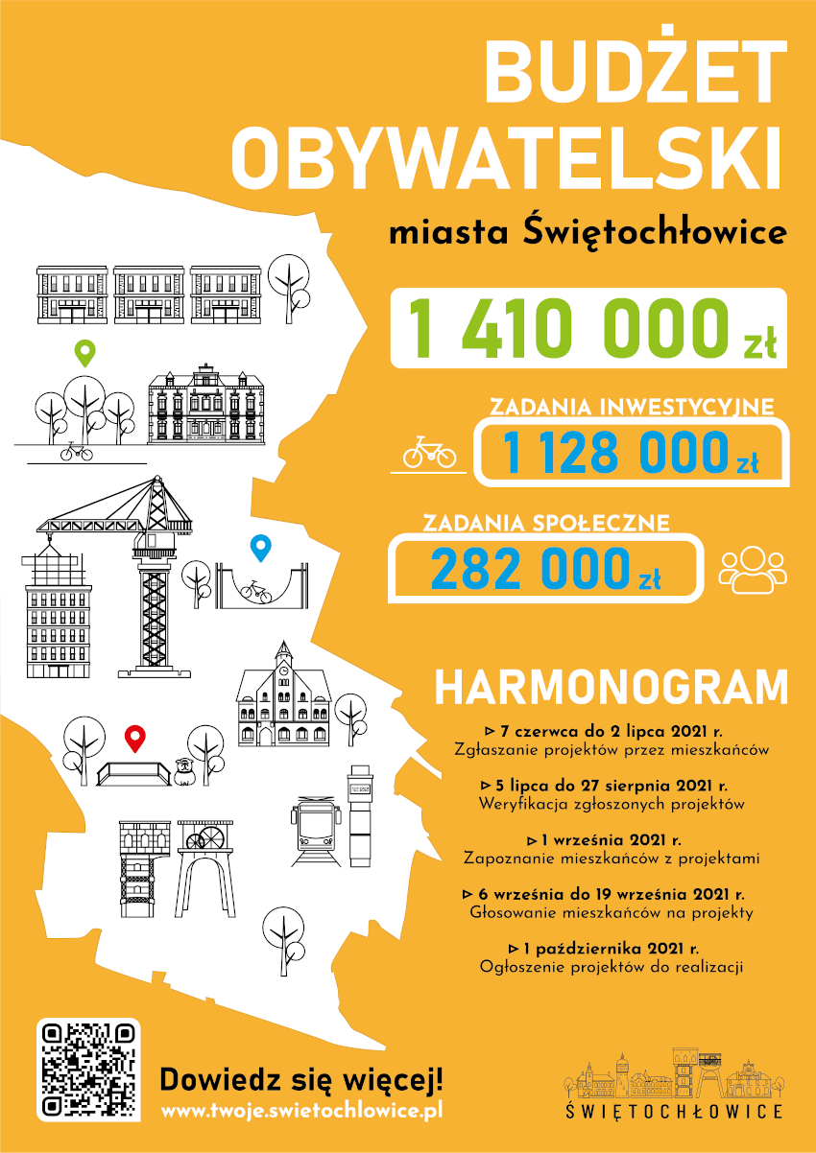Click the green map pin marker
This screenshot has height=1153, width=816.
click(x=86, y=354)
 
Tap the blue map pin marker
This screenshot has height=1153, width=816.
click(x=260, y=548)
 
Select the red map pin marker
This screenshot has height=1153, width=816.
click(x=136, y=738)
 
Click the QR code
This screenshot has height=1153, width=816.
click(x=88, y=1070)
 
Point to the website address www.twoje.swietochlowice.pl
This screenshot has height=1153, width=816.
click(x=301, y=1111)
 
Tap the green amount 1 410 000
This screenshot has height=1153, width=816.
click(x=566, y=328)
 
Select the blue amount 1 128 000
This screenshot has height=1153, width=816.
click(x=614, y=453)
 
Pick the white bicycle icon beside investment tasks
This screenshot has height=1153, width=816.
click(x=429, y=452)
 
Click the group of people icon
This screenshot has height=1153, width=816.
click(x=753, y=569)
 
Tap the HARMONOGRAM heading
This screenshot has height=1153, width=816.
click(x=611, y=688)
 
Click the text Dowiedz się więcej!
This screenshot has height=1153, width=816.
click(x=301, y=1078)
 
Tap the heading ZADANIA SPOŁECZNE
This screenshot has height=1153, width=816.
click(x=546, y=524)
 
